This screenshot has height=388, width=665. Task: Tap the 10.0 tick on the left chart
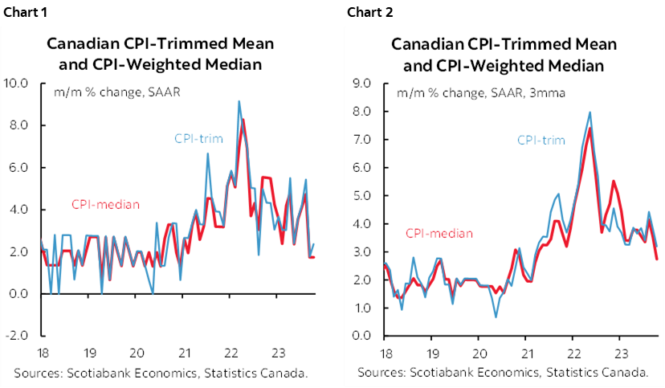[x=17, y=83]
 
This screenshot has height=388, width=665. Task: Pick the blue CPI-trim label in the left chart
[x=198, y=138]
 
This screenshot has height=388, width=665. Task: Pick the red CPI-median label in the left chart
[x=105, y=203]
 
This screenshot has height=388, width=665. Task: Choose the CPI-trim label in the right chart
[x=541, y=141]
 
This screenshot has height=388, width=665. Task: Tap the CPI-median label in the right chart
[x=439, y=233]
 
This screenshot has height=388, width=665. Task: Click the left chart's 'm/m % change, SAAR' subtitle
[x=116, y=92]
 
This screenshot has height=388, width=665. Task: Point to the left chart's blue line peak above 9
[x=239, y=101]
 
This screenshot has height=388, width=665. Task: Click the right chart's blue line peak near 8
[x=590, y=112]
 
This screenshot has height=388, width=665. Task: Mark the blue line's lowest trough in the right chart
[x=496, y=317]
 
